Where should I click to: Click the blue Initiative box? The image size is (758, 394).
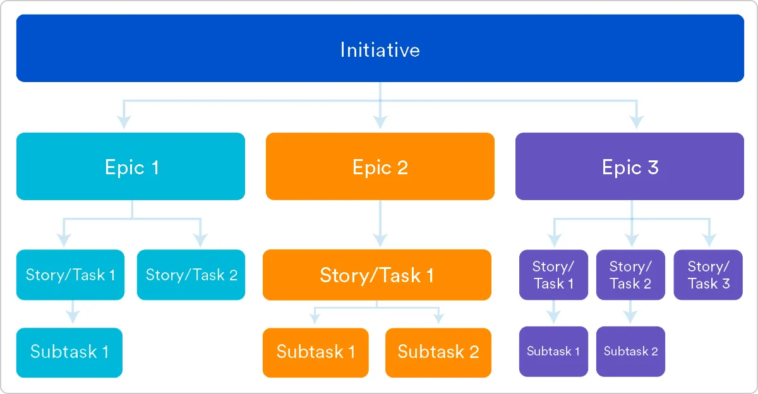click(380, 49)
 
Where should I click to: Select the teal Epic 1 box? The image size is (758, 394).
click(131, 167)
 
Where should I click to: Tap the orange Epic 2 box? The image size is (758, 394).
click(380, 167)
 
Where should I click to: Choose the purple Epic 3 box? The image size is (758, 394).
click(629, 167)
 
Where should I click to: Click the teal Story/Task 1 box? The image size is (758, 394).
click(70, 275)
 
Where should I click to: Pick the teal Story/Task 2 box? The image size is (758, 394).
click(191, 275)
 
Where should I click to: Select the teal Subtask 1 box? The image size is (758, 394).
click(69, 352)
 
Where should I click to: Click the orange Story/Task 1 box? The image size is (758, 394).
click(376, 275)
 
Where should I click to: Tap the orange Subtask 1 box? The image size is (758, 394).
click(315, 352)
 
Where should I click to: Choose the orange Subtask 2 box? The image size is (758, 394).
click(438, 352)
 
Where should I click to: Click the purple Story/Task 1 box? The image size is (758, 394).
click(553, 275)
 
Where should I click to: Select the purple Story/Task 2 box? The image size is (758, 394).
click(630, 275)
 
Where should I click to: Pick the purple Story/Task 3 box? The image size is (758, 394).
click(708, 275)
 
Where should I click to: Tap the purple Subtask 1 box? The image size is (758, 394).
click(553, 351)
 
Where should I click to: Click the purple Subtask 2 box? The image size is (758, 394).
click(630, 351)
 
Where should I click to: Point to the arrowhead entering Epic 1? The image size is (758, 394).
click(124, 121)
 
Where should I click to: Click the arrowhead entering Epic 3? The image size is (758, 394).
click(636, 121)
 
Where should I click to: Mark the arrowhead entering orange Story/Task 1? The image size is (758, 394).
click(380, 240)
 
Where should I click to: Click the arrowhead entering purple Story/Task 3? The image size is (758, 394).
click(709, 240)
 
